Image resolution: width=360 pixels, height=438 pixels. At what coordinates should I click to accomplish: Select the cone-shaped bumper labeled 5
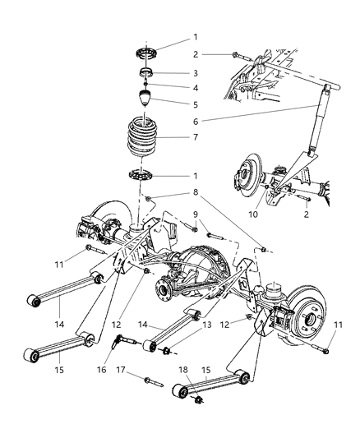click(x=145, y=101)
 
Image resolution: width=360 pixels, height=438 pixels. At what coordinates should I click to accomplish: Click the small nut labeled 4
click(x=145, y=84)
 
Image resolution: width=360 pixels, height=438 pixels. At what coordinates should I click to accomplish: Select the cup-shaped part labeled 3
click(x=145, y=73)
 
